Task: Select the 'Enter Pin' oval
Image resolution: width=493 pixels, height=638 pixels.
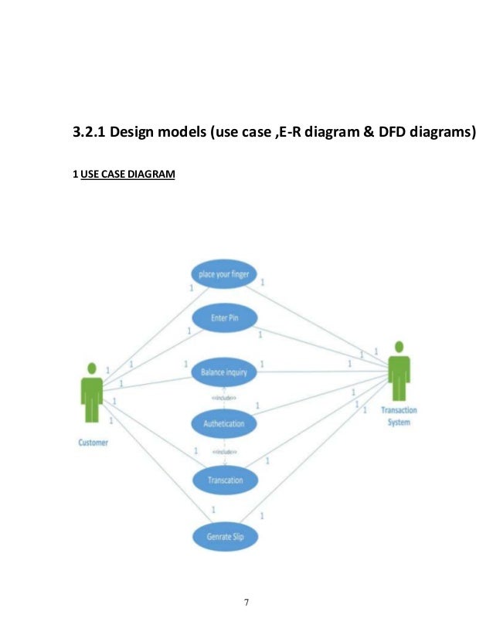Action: point(224,317)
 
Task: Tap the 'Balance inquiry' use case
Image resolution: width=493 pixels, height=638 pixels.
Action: point(224,372)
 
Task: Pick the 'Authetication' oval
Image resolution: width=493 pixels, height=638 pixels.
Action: point(224,423)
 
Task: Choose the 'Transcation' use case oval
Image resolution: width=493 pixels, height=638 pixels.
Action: point(225,480)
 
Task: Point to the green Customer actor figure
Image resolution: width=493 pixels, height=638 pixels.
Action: point(92,394)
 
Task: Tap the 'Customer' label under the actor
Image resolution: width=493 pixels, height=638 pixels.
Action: point(93,443)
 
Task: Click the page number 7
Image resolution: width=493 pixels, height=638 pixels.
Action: point(246,602)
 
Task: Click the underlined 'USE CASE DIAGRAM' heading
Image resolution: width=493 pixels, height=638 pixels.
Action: point(127,175)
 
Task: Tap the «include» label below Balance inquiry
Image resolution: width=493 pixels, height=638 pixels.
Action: point(224,397)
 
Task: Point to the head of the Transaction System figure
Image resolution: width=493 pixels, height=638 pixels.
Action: point(399,347)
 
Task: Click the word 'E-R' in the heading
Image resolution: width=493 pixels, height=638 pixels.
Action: point(290,134)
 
